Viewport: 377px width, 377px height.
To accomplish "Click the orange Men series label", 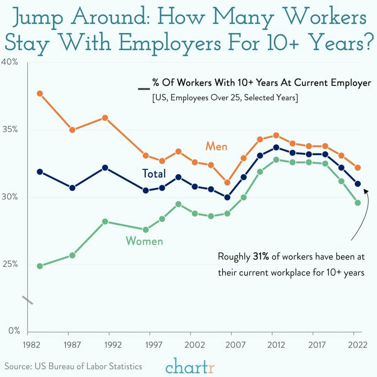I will point(216,146).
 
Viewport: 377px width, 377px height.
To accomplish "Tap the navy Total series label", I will point(154,173).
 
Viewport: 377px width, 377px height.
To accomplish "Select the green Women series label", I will point(144,241).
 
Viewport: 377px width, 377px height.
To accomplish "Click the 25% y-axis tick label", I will point(10,264).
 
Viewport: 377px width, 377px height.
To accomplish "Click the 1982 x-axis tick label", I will point(31,345).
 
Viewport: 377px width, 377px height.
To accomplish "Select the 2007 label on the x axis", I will point(235,345).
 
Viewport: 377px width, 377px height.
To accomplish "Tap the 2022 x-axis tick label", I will point(357,345).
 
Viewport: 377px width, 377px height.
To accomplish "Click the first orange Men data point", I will point(40,93).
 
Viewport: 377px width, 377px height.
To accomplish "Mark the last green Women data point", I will point(358,203).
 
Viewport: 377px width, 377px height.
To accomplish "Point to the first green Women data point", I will point(40,266).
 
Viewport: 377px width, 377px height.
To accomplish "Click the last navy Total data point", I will point(358,184).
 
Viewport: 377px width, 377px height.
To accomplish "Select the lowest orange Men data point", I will point(227,182).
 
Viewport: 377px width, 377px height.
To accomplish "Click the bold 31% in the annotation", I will point(261,257).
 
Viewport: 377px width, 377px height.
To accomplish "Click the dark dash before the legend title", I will point(144,89).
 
